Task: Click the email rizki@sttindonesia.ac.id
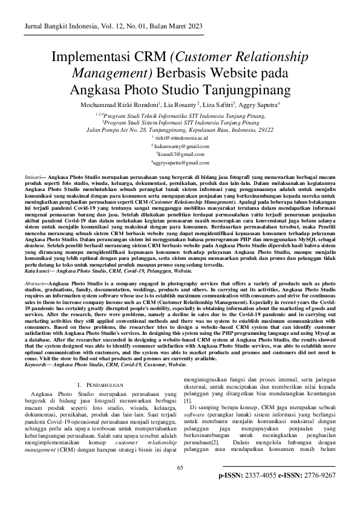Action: pyautogui.click(x=182, y=138)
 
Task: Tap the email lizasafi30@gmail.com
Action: pyautogui.click(x=180, y=155)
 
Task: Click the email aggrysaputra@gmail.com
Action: pyautogui.click(x=181, y=163)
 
